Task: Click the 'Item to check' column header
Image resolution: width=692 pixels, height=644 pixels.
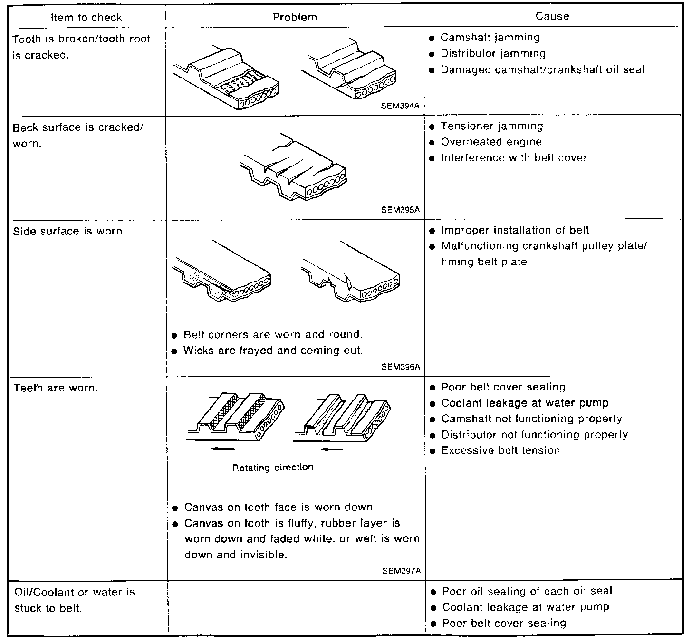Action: [x=86, y=18]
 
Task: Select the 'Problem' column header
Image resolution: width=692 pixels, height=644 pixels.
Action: [x=295, y=17]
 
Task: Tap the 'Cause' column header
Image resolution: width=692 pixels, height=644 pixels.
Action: [x=552, y=16]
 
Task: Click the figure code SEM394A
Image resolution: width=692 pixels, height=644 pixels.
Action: [x=400, y=106]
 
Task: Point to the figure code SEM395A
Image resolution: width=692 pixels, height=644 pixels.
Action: [x=400, y=210]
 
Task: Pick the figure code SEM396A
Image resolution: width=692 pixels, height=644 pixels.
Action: [x=401, y=367]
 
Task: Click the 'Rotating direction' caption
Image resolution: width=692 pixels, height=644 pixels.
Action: [x=273, y=468]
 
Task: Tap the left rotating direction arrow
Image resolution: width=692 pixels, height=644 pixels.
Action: [x=223, y=449]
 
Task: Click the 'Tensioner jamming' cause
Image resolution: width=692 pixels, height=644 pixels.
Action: [x=491, y=126]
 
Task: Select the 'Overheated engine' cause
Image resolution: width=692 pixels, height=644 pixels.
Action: [x=491, y=142]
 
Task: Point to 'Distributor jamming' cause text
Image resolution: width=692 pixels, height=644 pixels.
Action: [x=493, y=53]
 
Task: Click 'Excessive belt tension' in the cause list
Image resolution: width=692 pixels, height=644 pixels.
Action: [x=500, y=450]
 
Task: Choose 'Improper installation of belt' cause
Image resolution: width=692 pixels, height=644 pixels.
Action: [x=515, y=230]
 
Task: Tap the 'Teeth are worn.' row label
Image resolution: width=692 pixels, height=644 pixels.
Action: [x=55, y=388]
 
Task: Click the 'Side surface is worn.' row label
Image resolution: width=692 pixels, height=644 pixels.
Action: [x=69, y=232]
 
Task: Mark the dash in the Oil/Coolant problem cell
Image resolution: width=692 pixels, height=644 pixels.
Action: [x=297, y=608]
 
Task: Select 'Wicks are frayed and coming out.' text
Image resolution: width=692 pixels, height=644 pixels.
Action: [x=273, y=351]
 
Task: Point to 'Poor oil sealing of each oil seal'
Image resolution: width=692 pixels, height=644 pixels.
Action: [x=527, y=591]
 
